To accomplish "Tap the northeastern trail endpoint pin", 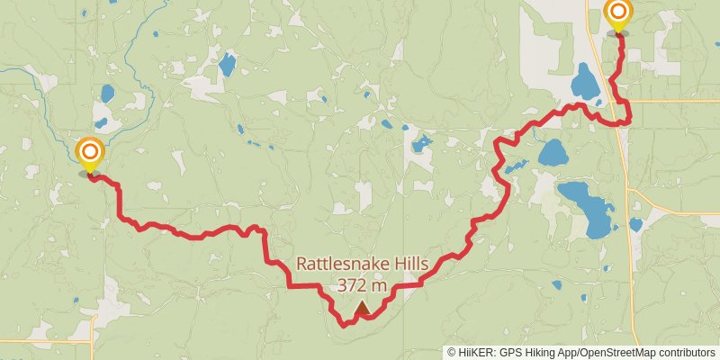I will [x=618, y=14].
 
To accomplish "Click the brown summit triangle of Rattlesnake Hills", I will [x=362, y=309].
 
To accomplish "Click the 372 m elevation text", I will [x=362, y=285].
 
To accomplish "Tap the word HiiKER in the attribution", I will [x=473, y=353].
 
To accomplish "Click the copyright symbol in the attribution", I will [x=452, y=353].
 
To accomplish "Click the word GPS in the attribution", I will [x=508, y=353].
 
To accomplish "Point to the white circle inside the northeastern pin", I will [x=618, y=12].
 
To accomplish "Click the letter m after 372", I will [x=381, y=285].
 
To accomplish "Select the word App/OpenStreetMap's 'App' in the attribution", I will [x=565, y=353].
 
